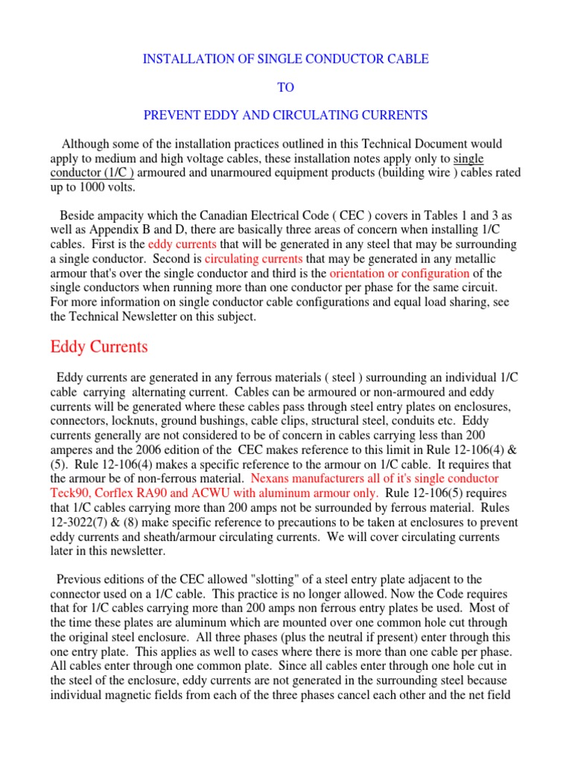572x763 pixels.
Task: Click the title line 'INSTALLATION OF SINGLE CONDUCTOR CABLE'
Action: click(285, 59)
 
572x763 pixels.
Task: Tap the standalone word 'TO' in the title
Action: click(285, 87)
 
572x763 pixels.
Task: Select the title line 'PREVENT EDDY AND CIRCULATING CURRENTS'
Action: click(285, 115)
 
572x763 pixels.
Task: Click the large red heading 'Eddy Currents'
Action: click(99, 346)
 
